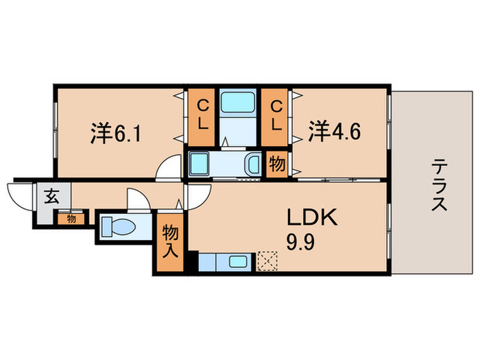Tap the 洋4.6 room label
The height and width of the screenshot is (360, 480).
click(x=333, y=130)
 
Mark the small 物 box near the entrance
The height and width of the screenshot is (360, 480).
click(x=71, y=219)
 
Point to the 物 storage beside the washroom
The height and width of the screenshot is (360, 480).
click(x=276, y=165)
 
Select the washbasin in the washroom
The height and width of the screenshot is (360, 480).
click(x=252, y=165)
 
